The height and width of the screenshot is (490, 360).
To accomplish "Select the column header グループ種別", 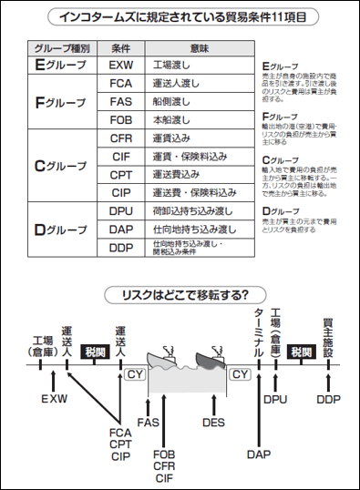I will coord(60,47).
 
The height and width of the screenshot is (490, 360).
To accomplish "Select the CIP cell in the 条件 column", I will coord(120,192).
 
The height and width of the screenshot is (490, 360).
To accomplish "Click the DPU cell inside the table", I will coord(120,210).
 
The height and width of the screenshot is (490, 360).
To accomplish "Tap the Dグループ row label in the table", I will coord(60,229).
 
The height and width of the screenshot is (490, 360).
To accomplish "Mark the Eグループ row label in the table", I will coord(60,66).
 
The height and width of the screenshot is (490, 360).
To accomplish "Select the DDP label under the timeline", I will coord(329,399).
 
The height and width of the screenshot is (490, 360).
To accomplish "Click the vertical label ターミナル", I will coord(258,332).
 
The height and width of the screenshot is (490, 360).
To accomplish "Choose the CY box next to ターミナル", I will coord(241,373).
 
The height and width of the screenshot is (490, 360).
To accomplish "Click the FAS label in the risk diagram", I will coord(149,422).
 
